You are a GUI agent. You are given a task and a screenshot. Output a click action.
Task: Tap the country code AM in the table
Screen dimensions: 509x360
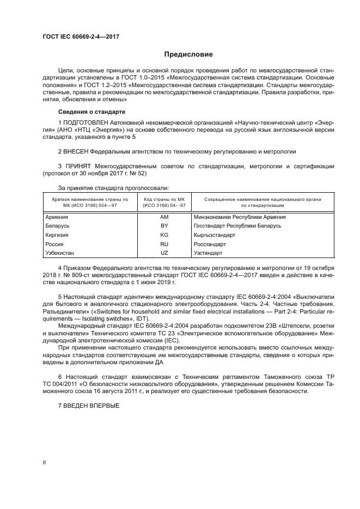click(x=164, y=217)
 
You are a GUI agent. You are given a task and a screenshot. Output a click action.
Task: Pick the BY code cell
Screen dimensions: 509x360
click(x=164, y=225)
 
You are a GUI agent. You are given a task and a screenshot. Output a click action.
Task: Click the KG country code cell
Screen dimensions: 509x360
click(x=164, y=235)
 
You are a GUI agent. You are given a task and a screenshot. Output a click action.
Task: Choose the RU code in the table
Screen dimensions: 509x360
click(x=164, y=244)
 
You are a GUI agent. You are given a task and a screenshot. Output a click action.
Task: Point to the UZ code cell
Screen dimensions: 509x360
click(x=164, y=253)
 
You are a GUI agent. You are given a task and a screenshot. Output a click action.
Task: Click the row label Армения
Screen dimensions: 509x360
click(x=58, y=217)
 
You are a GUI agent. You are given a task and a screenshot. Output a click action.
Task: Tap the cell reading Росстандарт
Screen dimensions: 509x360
click(x=210, y=244)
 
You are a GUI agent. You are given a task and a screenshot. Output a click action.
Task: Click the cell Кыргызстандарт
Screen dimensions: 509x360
click(x=214, y=235)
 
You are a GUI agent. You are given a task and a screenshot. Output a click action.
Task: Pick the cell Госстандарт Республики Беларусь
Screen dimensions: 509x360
click(x=237, y=225)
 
